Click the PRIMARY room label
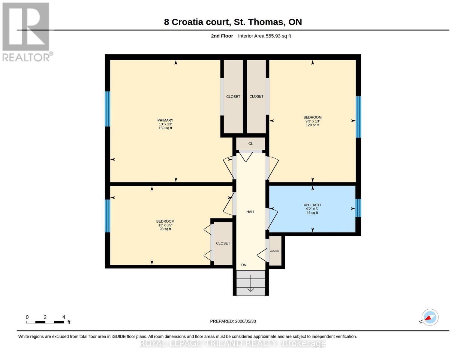pyautogui.click(x=165, y=120)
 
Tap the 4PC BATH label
pyautogui.click(x=312, y=205)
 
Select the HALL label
pyautogui.click(x=251, y=212)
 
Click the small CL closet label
pyautogui.click(x=251, y=144)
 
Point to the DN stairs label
pyautogui.click(x=244, y=265)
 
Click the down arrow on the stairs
pyautogui.click(x=251, y=283)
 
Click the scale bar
pyautogui.click(x=45, y=322)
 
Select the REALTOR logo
pyautogui.click(x=27, y=32)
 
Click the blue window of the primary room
pyautogui.click(x=107, y=109)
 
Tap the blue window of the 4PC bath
pyautogui.click(x=358, y=208)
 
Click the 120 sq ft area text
pyautogui.click(x=312, y=125)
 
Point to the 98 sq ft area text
pyautogui.click(x=165, y=229)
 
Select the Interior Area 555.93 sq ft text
pyautogui.click(x=264, y=36)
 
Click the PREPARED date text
pyautogui.click(x=233, y=321)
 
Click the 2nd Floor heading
pyautogui.click(x=222, y=36)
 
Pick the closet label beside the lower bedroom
pyautogui.click(x=223, y=243)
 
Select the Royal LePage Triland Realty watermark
pyautogui.click(x=233, y=343)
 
